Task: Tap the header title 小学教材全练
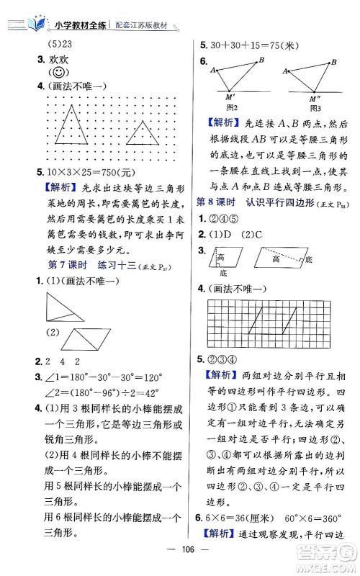point(81,24)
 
